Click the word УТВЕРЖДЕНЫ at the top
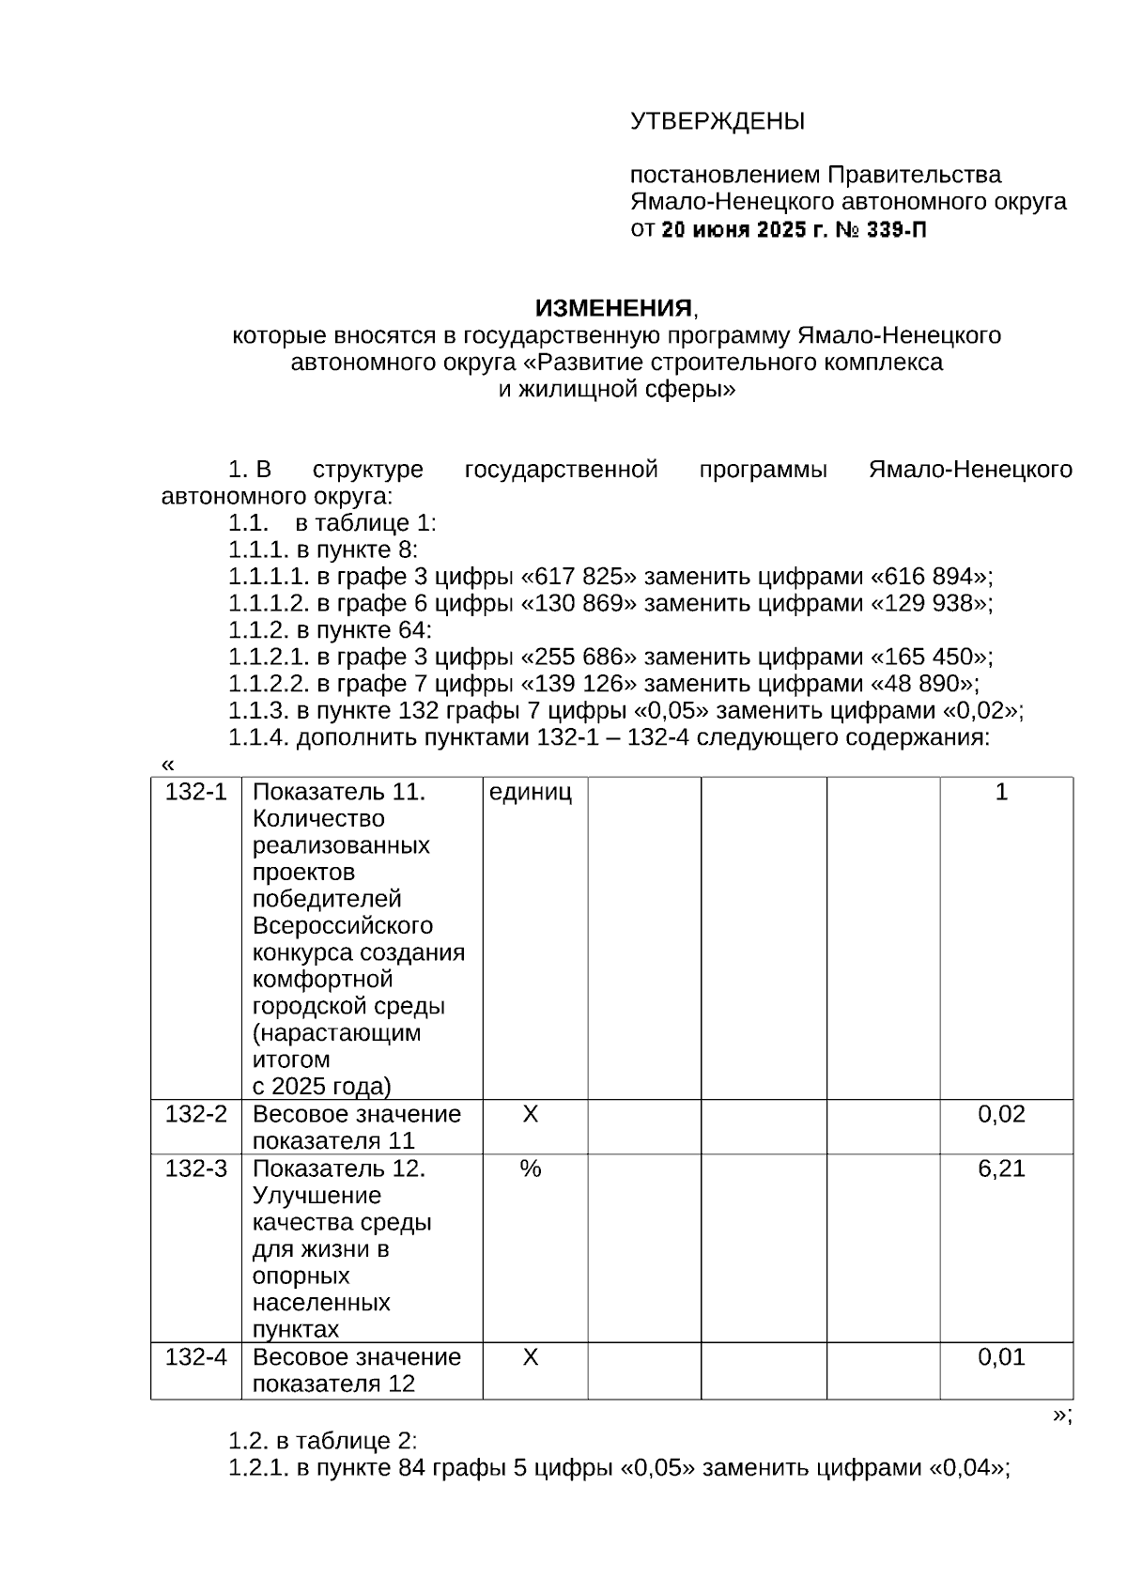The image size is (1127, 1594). tap(717, 121)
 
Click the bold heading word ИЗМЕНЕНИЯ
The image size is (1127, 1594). tap(613, 308)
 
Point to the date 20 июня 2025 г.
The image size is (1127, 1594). tap(741, 229)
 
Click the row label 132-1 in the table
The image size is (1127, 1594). tap(195, 792)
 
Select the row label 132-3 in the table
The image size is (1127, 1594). tap(195, 1168)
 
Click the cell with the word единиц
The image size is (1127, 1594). tap(531, 792)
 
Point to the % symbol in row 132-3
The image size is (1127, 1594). tap(531, 1168)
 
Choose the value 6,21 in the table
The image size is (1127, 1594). tap(1001, 1168)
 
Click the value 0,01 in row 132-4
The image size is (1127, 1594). tap(1001, 1357)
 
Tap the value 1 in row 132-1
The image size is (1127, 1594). tap(1001, 792)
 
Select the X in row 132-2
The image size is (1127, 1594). tap(531, 1114)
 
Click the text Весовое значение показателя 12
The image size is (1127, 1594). tap(357, 1370)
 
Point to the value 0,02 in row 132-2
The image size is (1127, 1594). tap(1001, 1114)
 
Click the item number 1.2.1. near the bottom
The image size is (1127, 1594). tap(259, 1467)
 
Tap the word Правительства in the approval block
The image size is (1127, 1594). tap(914, 175)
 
